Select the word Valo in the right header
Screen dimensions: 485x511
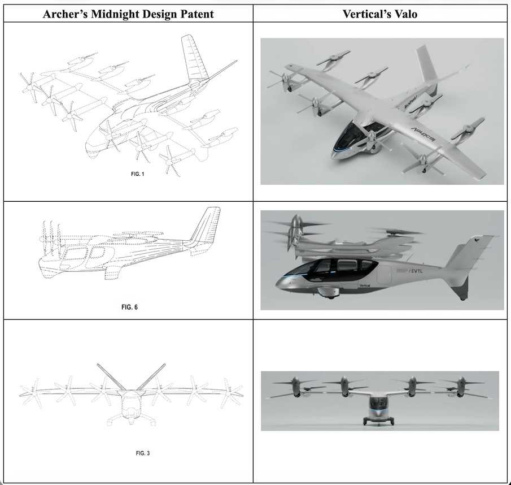[x=405, y=14]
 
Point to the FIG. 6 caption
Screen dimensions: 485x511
[x=129, y=308]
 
